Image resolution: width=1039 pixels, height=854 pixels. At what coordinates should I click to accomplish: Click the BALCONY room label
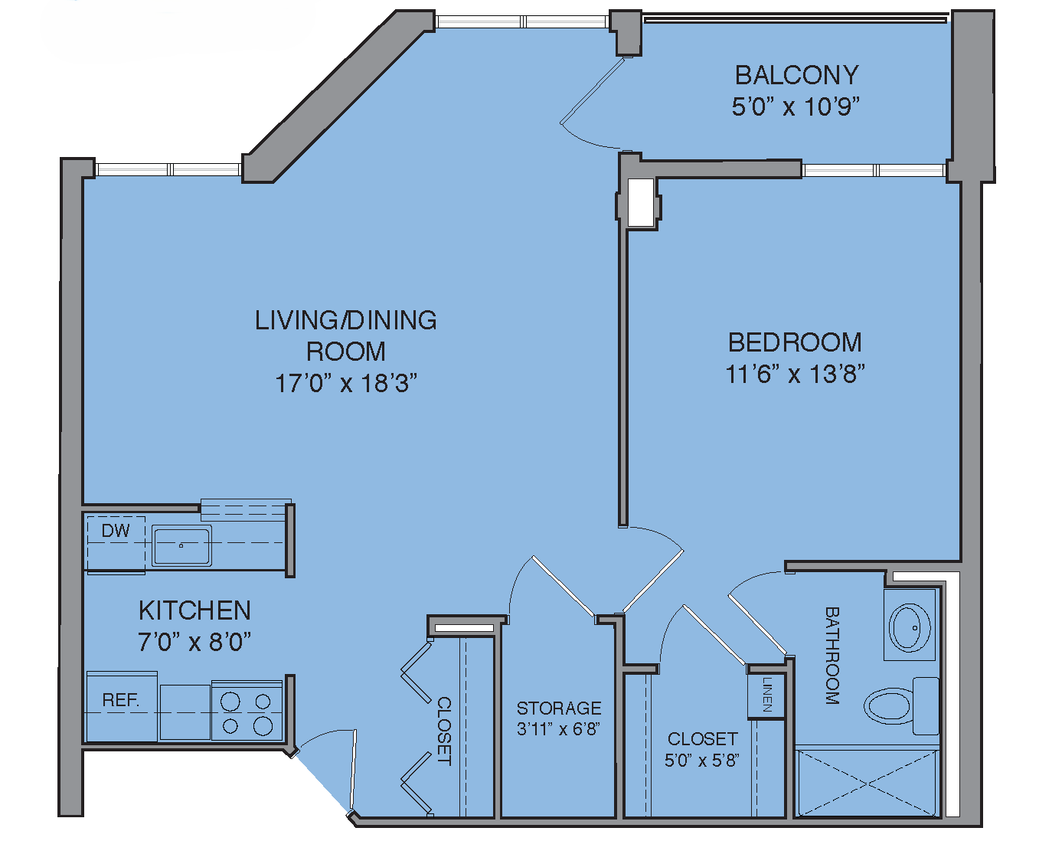[796, 75]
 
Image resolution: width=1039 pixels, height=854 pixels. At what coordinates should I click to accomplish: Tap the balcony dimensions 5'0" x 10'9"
[796, 106]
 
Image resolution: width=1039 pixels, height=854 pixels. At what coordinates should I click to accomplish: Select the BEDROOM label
[795, 342]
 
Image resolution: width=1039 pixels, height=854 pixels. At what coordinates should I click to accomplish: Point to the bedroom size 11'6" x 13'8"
[795, 374]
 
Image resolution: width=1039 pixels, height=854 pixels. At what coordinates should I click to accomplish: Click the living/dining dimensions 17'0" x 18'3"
[346, 383]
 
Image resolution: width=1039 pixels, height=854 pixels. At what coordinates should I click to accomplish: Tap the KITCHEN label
[194, 610]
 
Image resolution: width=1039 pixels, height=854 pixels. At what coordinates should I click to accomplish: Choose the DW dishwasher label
[116, 531]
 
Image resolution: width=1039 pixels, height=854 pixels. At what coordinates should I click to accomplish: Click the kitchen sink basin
[181, 545]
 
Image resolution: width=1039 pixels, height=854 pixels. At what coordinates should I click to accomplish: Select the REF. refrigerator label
[121, 700]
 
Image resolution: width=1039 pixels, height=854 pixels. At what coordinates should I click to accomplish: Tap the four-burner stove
[247, 712]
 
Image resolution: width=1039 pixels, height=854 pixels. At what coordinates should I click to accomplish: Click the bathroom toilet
[901, 706]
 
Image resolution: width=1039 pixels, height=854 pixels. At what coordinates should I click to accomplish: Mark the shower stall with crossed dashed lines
[867, 783]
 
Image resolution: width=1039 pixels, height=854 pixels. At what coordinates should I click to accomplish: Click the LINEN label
[766, 694]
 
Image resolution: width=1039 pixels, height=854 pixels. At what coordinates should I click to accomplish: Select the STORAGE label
[559, 708]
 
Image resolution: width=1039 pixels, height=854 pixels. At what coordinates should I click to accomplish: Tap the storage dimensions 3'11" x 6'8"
[558, 729]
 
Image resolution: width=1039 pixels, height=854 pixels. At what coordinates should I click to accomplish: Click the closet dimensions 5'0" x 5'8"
[702, 761]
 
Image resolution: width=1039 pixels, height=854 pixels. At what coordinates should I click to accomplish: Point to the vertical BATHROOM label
[832, 656]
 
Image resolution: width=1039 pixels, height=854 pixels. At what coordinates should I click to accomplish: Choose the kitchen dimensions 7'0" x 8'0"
[194, 642]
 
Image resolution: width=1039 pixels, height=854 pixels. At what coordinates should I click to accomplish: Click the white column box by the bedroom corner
[640, 202]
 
